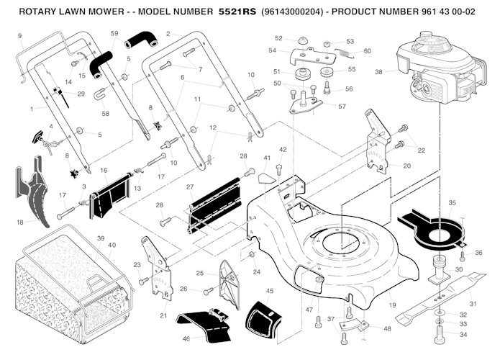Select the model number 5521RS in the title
pyautogui.click(x=238, y=12)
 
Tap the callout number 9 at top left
pyautogui.click(x=19, y=35)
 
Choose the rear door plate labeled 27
pyautogui.click(x=216, y=205)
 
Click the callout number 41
pyautogui.click(x=267, y=157)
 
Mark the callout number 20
pyautogui.click(x=407, y=166)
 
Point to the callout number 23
pyautogui.click(x=137, y=265)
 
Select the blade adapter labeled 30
pyautogui.click(x=438, y=273)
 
